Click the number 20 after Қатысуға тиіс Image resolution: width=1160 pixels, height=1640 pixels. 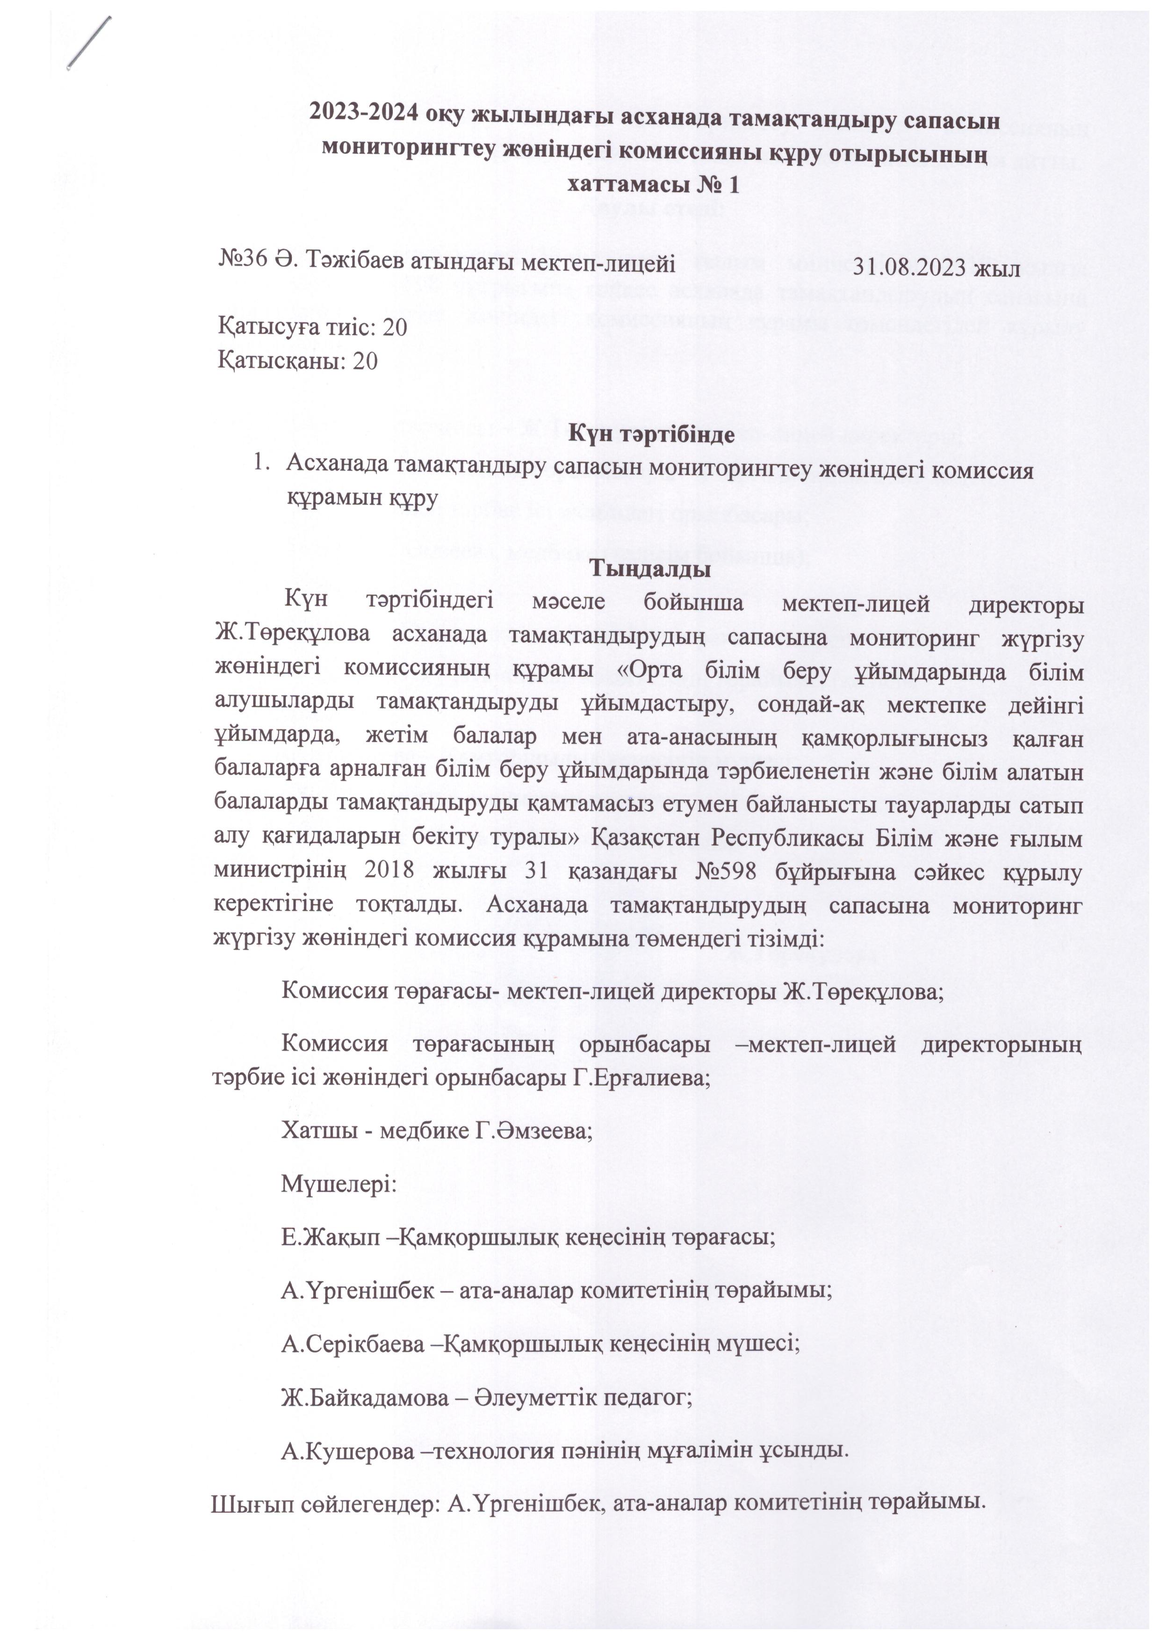click(395, 327)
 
